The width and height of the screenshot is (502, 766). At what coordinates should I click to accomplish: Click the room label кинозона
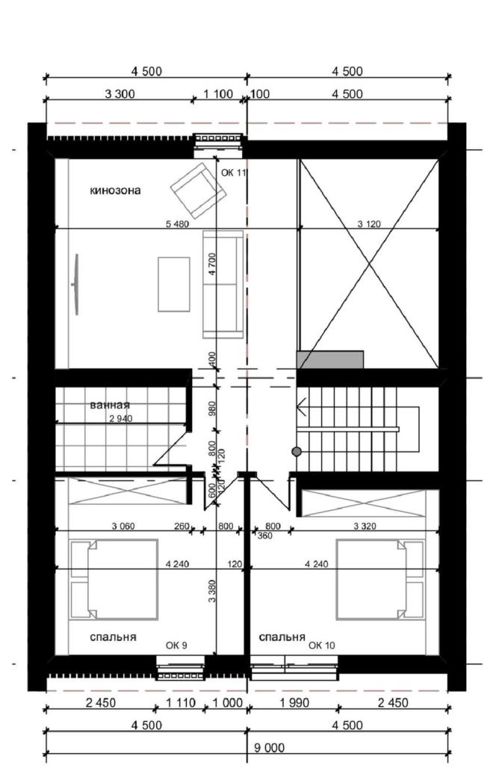[x=115, y=191]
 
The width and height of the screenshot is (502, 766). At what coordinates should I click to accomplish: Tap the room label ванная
[x=110, y=405]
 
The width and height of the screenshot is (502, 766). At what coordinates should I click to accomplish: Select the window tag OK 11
[x=234, y=173]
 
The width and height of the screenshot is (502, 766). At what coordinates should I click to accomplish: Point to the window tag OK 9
[x=176, y=646]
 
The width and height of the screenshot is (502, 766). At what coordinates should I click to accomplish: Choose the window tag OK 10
[x=321, y=646]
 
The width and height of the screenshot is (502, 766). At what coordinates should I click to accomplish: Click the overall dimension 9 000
[x=269, y=747]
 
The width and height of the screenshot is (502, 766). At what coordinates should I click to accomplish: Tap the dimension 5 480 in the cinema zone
[x=177, y=224]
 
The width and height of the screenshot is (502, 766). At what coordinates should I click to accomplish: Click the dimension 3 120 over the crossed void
[x=369, y=224]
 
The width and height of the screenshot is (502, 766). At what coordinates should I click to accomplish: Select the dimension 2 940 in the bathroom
[x=121, y=419]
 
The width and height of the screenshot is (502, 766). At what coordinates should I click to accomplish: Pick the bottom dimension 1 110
[x=181, y=703]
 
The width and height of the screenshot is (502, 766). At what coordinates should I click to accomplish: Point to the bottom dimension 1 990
[x=294, y=703]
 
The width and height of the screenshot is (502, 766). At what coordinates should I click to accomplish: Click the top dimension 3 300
[x=120, y=94]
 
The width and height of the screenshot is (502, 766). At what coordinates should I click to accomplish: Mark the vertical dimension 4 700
[x=211, y=264]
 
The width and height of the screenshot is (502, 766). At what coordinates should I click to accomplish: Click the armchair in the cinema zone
[x=198, y=191]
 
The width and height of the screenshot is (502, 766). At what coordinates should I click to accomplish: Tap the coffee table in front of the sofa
[x=173, y=284]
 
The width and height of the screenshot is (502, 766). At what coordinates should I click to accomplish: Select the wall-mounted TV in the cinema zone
[x=75, y=284]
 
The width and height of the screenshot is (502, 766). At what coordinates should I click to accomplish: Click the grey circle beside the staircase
[x=296, y=452]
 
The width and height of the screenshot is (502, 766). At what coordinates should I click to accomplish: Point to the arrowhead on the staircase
[x=302, y=406]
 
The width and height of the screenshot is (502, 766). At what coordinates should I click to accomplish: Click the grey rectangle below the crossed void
[x=330, y=360]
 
